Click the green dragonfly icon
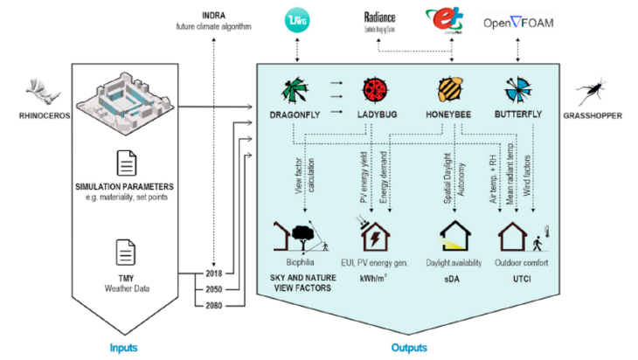[x=295, y=89]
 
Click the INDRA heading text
[x=212, y=15]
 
